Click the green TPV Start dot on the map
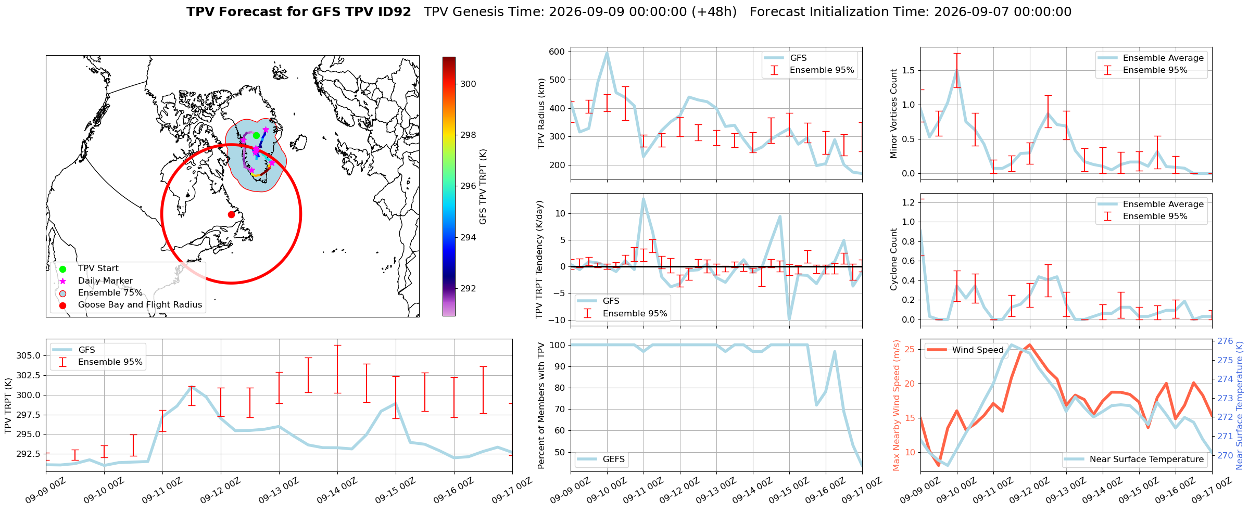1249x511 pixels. (x=256, y=136)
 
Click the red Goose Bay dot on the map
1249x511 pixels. (x=231, y=214)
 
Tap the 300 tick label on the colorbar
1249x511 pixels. (x=468, y=84)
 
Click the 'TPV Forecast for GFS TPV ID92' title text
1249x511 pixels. (x=299, y=12)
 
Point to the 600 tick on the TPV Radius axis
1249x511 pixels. (x=557, y=52)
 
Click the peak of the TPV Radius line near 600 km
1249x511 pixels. (x=607, y=52)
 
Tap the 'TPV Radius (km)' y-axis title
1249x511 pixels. (x=541, y=113)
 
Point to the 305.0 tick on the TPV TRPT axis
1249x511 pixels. (x=29, y=355)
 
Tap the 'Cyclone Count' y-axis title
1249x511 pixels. (x=894, y=259)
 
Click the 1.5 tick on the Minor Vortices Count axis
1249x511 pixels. (x=908, y=70)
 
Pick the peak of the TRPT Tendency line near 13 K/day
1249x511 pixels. (x=644, y=198)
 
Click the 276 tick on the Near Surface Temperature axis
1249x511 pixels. (x=1225, y=341)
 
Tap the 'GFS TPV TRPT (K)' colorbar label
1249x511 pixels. (x=483, y=186)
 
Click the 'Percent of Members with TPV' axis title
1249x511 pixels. (x=541, y=405)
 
